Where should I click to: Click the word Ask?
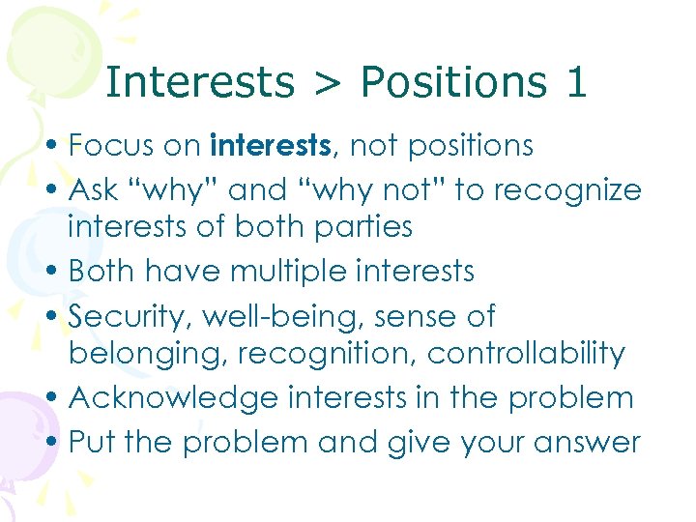coord(96,190)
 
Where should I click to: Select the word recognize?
coord(567,190)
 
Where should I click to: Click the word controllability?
coord(526,354)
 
